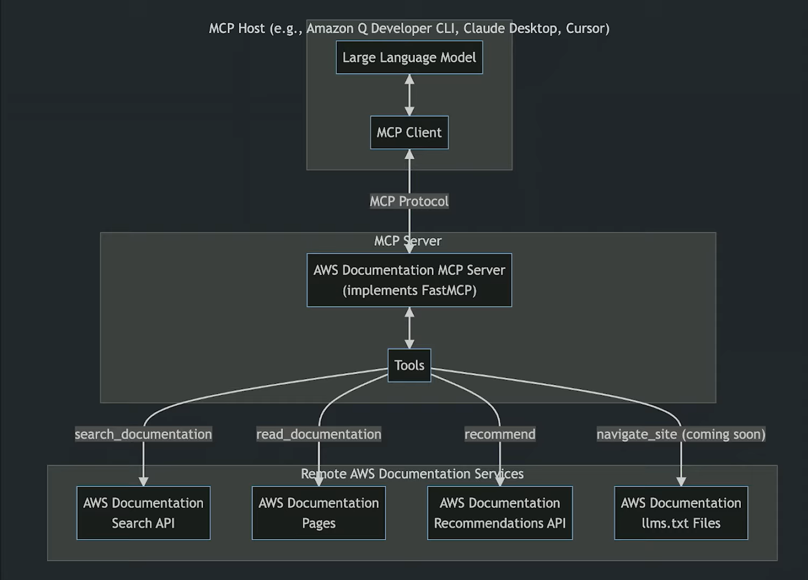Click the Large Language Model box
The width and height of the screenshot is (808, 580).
409,58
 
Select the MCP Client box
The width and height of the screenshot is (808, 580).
409,132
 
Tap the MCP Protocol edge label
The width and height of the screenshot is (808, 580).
409,201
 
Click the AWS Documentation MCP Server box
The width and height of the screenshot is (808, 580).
409,280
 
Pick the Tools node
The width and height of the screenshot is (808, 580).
409,366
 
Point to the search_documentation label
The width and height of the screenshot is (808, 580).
143,434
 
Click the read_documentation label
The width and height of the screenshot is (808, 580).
319,434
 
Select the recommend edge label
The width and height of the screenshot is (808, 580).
500,434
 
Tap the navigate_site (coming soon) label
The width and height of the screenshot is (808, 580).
681,434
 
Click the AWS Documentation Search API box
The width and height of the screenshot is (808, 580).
143,513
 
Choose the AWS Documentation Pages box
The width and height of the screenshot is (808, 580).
319,513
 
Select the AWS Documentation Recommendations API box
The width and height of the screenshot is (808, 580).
500,513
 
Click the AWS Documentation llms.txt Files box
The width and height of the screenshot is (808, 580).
681,513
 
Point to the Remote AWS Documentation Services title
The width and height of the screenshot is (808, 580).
412,474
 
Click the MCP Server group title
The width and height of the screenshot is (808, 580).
408,241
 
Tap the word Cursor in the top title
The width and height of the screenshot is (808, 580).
587,28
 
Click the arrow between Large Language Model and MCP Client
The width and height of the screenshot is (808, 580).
409,95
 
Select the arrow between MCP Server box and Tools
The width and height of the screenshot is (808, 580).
409,328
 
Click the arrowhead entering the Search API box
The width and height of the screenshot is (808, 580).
143,481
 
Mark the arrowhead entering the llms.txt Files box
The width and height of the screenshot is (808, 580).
681,481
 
